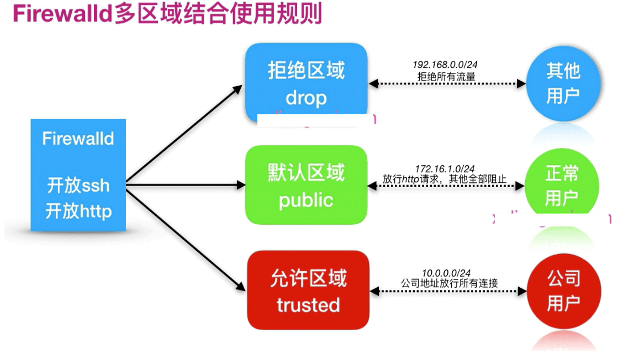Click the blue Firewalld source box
78,174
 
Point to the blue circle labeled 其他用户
563,83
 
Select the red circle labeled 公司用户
563,290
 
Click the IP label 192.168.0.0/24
445,65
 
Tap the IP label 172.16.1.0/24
445,168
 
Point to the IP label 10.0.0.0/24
446,273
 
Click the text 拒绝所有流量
446,76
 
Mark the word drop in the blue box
306,98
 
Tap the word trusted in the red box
308,304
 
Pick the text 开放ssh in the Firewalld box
78,186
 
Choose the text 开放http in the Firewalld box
78,210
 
